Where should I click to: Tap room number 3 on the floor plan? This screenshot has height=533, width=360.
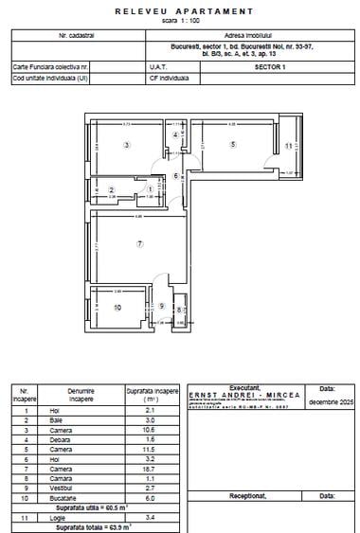coord(126,144)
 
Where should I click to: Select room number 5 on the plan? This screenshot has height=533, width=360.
coord(232,144)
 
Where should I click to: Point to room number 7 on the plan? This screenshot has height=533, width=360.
coord(139,244)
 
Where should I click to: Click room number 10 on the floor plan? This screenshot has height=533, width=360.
coord(118,308)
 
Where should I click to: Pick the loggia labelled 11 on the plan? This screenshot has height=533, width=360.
coord(288,146)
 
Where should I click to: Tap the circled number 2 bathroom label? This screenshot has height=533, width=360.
coord(112,190)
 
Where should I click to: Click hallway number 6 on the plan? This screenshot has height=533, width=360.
coord(175,176)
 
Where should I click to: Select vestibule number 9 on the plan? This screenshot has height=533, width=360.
coord(162,306)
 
